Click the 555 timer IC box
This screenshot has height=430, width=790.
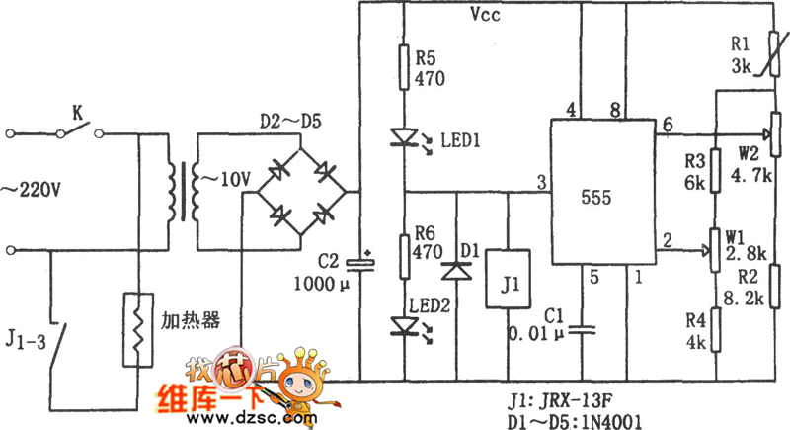click(602, 192)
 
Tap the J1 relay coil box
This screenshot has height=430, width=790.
click(507, 287)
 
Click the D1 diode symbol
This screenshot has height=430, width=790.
click(457, 270)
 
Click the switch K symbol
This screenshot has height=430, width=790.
click(75, 131)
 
